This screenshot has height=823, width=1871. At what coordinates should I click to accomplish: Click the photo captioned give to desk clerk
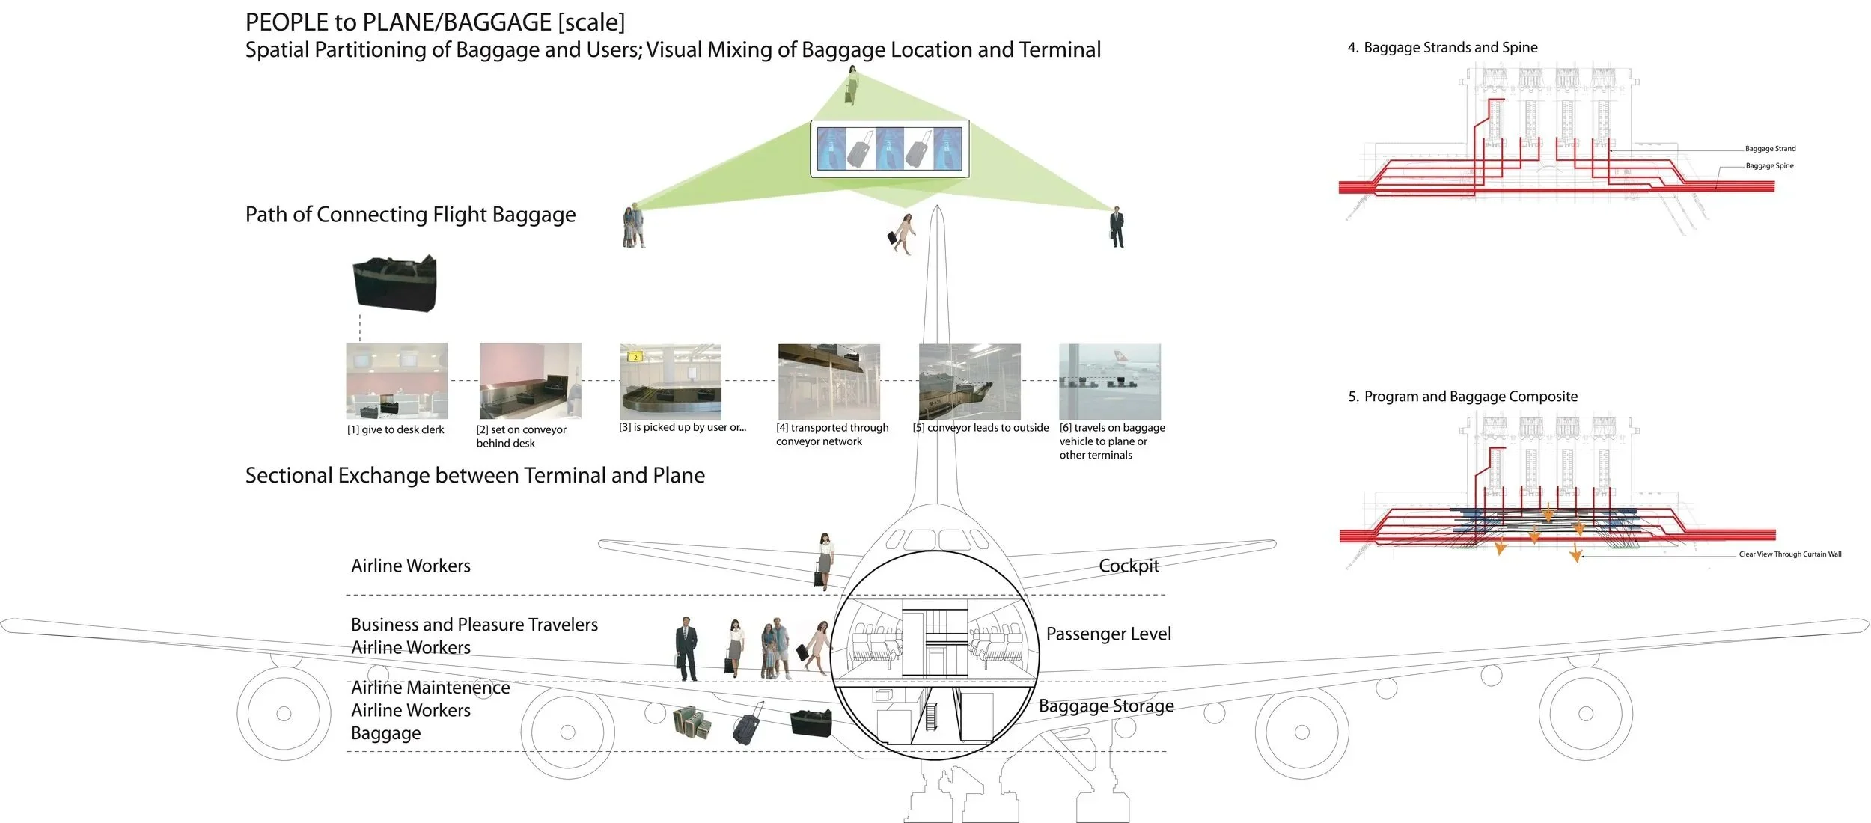(397, 380)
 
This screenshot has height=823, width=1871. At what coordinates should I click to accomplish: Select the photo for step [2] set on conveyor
(530, 380)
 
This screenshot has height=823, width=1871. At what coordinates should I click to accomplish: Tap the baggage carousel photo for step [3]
(671, 380)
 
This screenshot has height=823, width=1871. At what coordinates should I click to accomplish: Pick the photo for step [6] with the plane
(1110, 380)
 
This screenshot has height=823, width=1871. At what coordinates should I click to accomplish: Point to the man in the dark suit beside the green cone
(1117, 227)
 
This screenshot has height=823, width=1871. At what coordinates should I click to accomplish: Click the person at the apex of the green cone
(852, 85)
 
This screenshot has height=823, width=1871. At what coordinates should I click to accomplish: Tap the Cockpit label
(1129, 566)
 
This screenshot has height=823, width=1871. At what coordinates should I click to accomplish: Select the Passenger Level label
(1108, 634)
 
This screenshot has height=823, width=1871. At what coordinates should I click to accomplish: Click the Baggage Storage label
(1106, 706)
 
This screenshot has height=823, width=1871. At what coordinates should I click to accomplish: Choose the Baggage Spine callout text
(1769, 165)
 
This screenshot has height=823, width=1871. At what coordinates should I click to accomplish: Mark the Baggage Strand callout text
(1770, 148)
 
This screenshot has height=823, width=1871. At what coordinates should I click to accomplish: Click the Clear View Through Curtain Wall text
(1789, 554)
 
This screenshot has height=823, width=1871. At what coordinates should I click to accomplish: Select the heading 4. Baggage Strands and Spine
(1442, 47)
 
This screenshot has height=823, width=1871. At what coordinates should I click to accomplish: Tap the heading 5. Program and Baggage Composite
(1462, 396)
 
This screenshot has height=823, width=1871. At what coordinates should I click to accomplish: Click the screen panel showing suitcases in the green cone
(889, 148)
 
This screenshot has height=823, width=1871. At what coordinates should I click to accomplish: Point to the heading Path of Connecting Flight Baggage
(410, 215)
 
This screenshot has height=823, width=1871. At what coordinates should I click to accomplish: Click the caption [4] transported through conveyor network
(831, 434)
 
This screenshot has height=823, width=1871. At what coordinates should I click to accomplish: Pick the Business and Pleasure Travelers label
(474, 624)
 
